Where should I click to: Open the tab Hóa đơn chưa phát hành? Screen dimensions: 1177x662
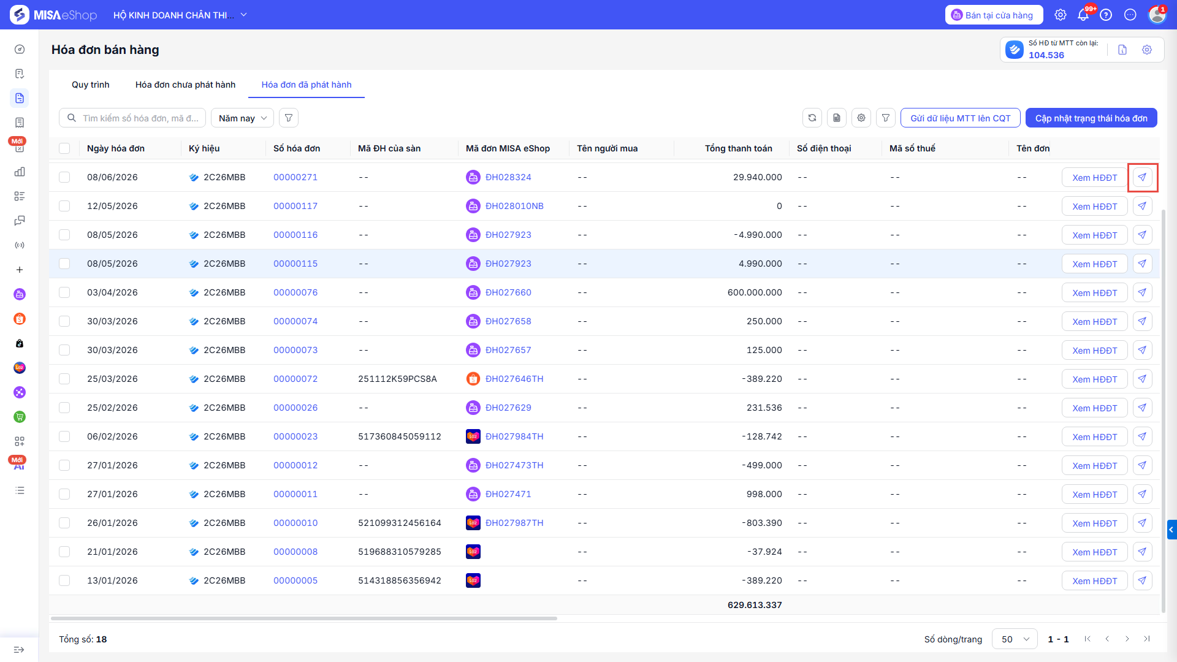click(x=185, y=85)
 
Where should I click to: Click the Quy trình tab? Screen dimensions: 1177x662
click(x=91, y=85)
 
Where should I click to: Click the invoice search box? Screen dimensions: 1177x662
click(x=132, y=118)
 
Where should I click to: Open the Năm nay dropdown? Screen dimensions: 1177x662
click(x=243, y=118)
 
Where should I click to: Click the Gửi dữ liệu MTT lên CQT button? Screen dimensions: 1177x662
click(x=960, y=118)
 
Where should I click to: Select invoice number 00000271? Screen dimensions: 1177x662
click(x=295, y=177)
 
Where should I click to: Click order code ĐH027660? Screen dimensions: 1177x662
click(x=508, y=292)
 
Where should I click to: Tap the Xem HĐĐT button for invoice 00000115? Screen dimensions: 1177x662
click(x=1094, y=264)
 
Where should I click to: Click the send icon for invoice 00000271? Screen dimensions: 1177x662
click(x=1142, y=177)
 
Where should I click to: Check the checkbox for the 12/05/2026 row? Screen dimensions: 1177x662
click(x=64, y=206)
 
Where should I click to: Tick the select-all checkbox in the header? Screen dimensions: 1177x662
click(x=64, y=148)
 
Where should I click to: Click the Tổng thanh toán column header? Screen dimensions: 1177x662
click(x=738, y=148)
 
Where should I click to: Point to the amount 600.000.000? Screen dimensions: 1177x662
click(x=755, y=292)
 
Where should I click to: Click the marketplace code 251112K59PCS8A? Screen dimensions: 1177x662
click(x=397, y=379)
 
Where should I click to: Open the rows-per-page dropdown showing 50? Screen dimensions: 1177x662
click(x=1015, y=639)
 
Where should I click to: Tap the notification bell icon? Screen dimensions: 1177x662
click(x=1083, y=15)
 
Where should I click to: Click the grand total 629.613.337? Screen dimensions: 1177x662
click(x=755, y=605)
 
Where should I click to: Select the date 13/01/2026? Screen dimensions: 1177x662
click(x=112, y=580)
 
